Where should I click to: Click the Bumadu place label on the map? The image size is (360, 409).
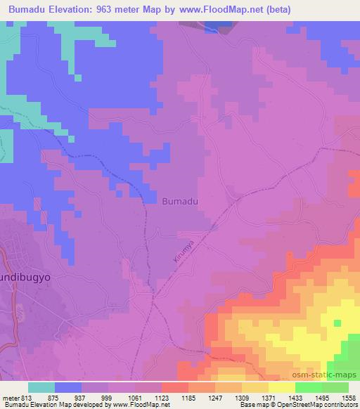click(180, 201)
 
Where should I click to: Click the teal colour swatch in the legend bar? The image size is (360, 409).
click(41, 387)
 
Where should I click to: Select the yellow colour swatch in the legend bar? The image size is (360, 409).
click(281, 387)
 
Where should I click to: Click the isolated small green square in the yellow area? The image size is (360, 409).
click(337, 323)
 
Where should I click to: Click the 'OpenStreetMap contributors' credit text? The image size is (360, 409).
click(321, 404)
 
